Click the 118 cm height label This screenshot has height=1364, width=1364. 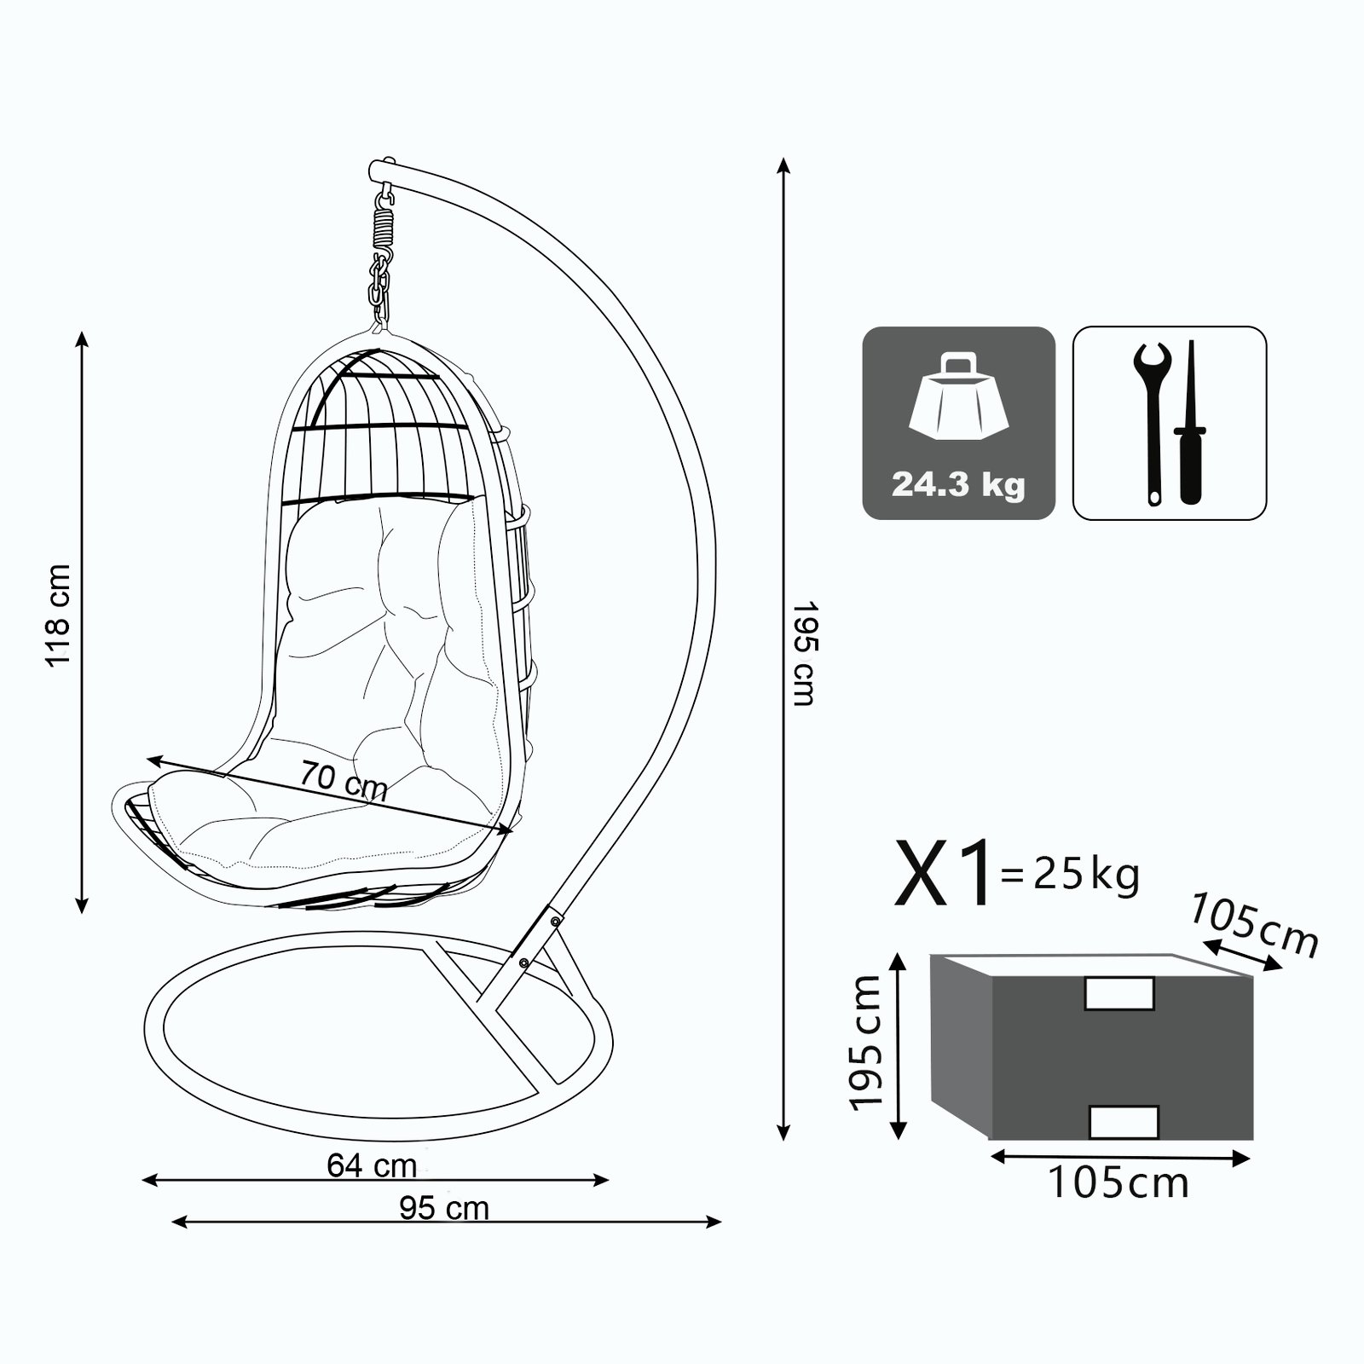coord(59,616)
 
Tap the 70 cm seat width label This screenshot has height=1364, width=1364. coord(344,780)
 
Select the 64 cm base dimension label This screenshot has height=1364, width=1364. coord(372,1165)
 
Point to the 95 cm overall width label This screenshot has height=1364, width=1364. coord(444,1208)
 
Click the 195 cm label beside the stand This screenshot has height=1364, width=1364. coord(806,654)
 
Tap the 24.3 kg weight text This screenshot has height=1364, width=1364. coord(958,484)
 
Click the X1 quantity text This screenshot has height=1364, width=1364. coord(945,872)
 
